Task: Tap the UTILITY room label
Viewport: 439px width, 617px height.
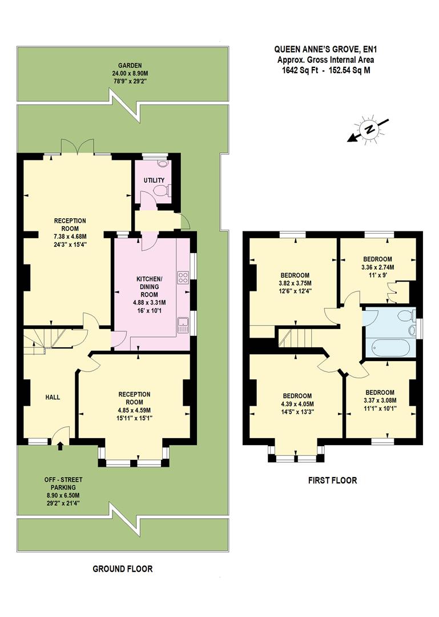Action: click(x=154, y=181)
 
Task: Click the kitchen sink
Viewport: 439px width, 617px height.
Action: click(x=183, y=326)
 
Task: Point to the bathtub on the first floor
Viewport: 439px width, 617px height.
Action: click(x=389, y=348)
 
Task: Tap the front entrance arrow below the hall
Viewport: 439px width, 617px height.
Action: click(x=61, y=446)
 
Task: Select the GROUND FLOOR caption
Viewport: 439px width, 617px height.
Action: click(x=123, y=568)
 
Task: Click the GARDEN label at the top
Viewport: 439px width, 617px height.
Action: click(x=119, y=65)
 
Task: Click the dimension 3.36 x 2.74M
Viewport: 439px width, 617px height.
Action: click(x=377, y=267)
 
